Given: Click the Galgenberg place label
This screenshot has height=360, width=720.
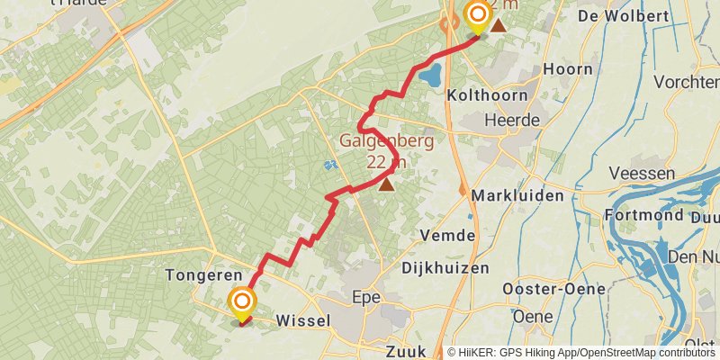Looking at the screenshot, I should [x=386, y=141].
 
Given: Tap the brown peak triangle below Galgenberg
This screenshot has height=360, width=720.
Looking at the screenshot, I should [x=386, y=184].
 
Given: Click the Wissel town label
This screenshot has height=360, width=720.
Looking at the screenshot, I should [x=303, y=320].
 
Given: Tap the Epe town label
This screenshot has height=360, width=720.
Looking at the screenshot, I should [x=366, y=296].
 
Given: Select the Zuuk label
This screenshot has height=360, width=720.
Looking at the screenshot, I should [x=405, y=351].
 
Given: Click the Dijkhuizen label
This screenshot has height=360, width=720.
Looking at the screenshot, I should [x=445, y=267].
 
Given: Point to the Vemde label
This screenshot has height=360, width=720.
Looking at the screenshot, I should [x=447, y=235].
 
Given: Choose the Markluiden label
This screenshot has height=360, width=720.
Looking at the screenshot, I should [x=517, y=195].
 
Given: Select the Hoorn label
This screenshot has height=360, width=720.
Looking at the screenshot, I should [x=568, y=69].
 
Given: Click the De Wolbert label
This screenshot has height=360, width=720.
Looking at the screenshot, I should [x=623, y=16].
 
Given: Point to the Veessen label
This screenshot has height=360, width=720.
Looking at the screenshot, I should [x=642, y=173].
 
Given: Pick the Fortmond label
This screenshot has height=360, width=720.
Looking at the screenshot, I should [x=644, y=216].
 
